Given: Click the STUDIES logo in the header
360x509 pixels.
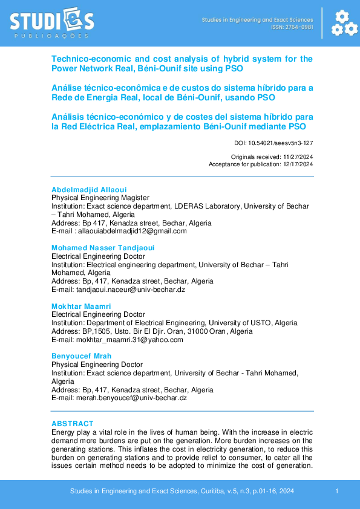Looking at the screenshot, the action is pyautogui.click(x=52, y=22).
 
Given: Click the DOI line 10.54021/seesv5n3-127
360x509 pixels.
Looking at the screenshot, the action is pyautogui.click(x=273, y=143).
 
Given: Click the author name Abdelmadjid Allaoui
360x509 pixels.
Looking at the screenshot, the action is pyautogui.click(x=89, y=189).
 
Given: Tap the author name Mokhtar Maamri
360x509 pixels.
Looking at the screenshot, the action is pyautogui.click(x=81, y=306).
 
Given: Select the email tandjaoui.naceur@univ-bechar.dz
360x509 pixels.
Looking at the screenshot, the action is pyautogui.click(x=130, y=290).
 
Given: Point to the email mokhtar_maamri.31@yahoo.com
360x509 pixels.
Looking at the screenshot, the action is pyautogui.click(x=129, y=340).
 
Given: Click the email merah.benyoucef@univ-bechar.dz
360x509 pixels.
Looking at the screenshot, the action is pyautogui.click(x=131, y=398).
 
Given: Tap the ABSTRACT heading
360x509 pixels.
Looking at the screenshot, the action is pyautogui.click(x=73, y=424).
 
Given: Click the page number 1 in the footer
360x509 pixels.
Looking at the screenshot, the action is pyautogui.click(x=336, y=492).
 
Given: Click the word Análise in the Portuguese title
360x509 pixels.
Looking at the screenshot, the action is pyautogui.click(x=67, y=88).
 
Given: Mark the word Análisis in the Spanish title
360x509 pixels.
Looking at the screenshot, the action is pyautogui.click(x=68, y=116).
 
